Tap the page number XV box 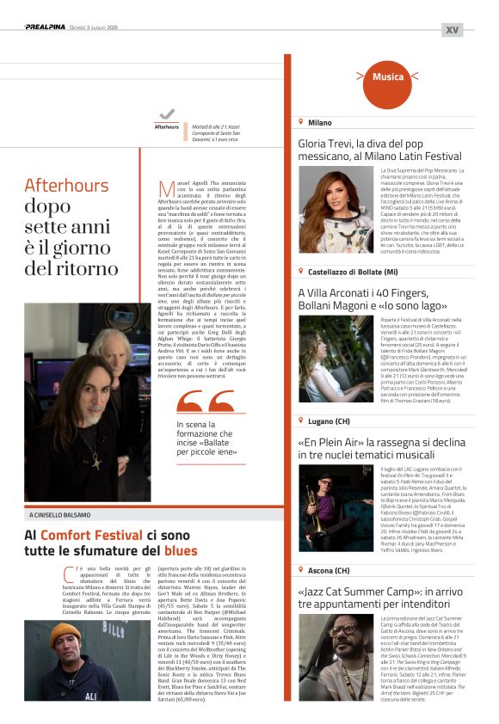coord(452,29)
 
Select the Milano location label coord(319,123)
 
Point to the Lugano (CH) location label coord(329,421)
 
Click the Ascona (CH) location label coord(329,570)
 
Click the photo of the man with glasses coord(336,655)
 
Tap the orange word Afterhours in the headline coord(66,185)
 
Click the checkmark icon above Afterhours coord(167,114)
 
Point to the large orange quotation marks coord(205,402)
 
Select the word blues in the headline coord(181,551)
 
